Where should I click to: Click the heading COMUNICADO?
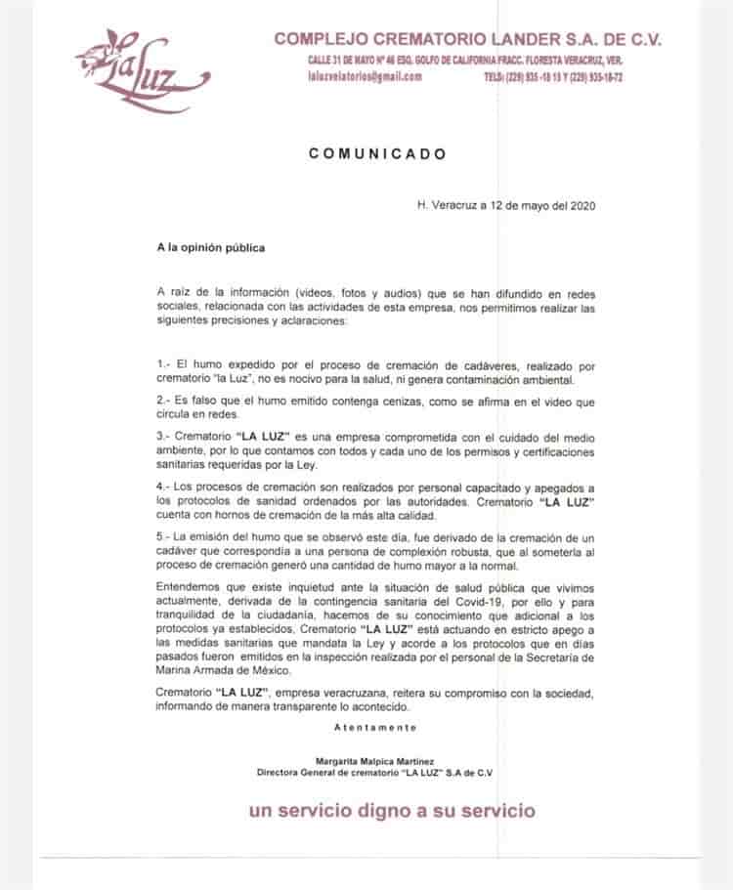[x=377, y=153]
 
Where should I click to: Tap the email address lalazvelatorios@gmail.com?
[x=364, y=76]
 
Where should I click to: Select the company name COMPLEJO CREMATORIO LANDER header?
[x=468, y=40]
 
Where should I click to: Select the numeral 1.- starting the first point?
[x=163, y=363]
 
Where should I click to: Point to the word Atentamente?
[x=375, y=727]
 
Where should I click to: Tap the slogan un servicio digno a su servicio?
[x=392, y=810]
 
